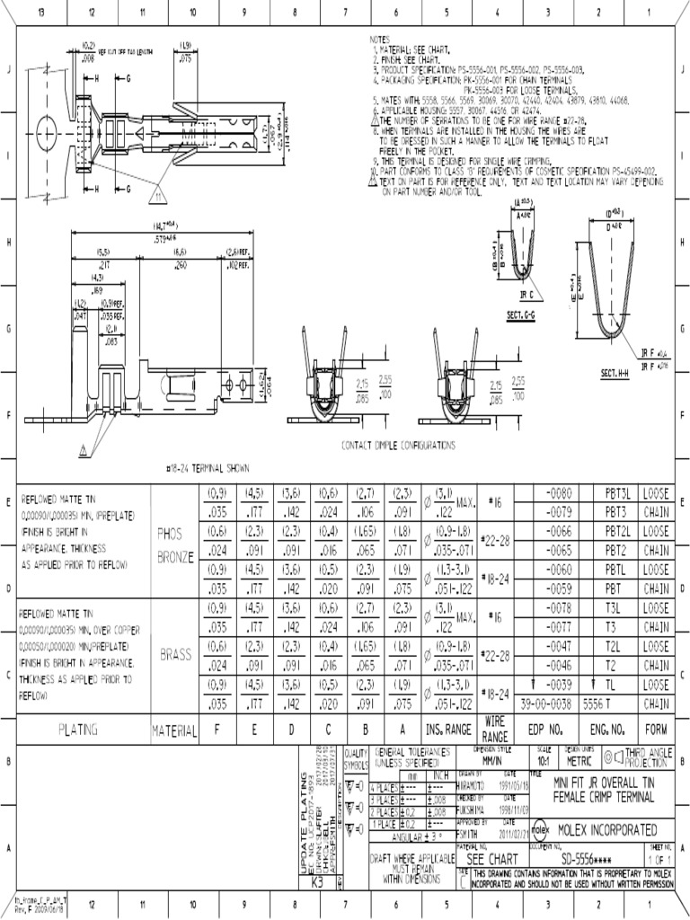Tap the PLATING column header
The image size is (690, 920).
coord(79,729)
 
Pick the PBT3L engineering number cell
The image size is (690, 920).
coord(619,493)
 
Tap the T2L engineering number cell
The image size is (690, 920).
coord(619,647)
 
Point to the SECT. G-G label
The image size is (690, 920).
coord(521,314)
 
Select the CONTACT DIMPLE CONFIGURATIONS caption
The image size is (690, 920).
coord(398,445)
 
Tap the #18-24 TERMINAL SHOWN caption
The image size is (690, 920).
coord(208,468)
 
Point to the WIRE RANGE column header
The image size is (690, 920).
coord(496,729)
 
